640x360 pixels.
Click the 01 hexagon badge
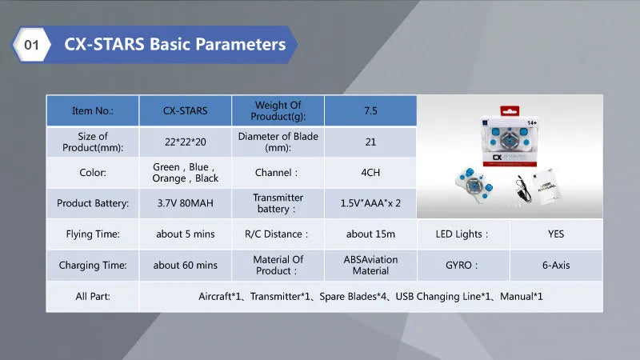31,45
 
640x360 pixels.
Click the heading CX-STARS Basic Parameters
174,45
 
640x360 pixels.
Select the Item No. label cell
92,111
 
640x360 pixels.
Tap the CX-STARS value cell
185,111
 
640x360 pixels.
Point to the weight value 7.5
370,111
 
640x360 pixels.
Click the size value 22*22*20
185,142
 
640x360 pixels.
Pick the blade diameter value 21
370,142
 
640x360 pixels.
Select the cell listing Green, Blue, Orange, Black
185,173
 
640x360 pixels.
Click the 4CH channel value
370,173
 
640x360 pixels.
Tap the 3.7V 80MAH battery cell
185,203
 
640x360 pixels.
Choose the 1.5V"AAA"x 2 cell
370,203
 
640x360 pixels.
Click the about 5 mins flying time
185,234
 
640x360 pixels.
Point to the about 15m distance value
370,234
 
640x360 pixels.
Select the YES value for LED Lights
556,234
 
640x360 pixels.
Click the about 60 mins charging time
185,265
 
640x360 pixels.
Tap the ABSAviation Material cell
370,265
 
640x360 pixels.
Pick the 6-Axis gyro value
556,265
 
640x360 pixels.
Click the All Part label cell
92,296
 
